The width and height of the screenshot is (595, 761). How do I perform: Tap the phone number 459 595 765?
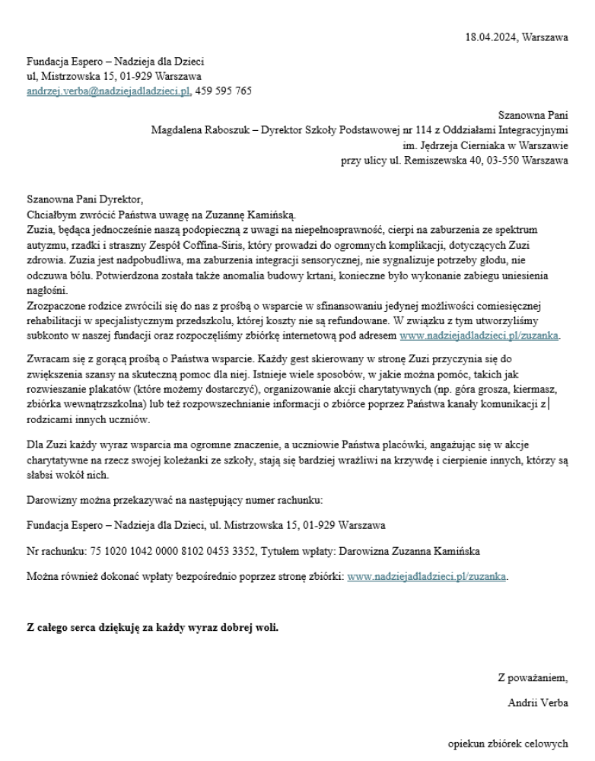224,91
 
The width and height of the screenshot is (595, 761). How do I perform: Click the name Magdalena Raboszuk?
197,130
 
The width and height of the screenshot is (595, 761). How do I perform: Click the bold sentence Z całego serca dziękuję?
152,629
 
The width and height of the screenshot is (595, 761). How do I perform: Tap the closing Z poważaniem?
533,678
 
